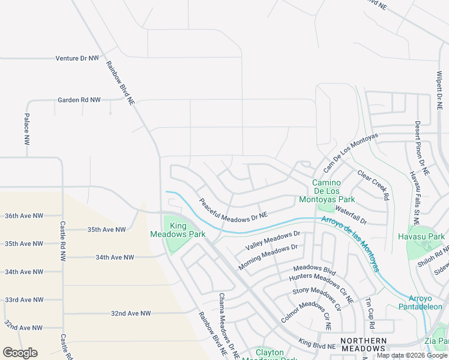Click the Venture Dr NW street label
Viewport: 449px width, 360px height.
pyautogui.click(x=77, y=58)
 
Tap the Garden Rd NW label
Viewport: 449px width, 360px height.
pyautogui.click(x=79, y=100)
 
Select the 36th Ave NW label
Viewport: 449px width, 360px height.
pyautogui.click(x=24, y=215)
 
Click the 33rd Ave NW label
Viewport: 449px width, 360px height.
pyautogui.click(x=24, y=299)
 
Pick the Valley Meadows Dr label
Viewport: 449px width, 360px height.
pyautogui.click(x=272, y=241)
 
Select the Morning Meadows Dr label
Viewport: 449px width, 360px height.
pyautogui.click(x=268, y=256)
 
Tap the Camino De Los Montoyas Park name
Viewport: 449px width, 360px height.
pyautogui.click(x=333, y=191)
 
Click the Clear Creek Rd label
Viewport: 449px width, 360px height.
pyautogui.click(x=373, y=184)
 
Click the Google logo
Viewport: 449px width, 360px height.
pyautogui.click(x=20, y=353)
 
